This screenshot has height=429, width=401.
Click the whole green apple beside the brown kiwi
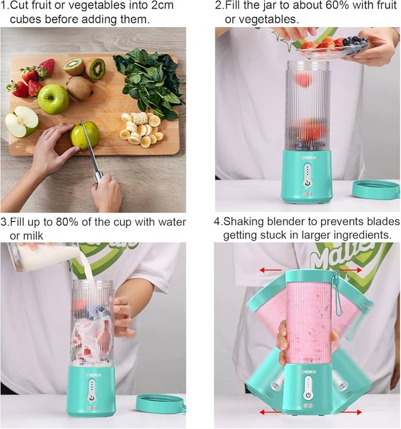tap(53, 99)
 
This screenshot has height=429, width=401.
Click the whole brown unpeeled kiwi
tap(79, 88)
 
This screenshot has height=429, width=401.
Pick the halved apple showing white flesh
tap(21, 122)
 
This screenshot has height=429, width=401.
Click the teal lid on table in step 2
tap(375, 189)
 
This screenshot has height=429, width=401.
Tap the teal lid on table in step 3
tap(160, 403)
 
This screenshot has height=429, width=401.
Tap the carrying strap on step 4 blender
tap(337, 294)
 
